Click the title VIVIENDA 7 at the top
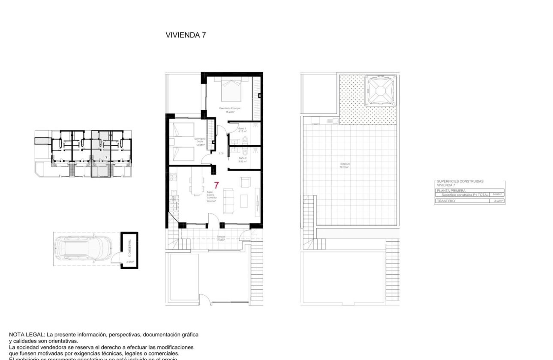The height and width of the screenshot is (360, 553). [186, 36]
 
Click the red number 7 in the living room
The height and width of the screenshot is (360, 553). [216, 186]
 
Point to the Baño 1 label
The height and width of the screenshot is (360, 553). [242, 130]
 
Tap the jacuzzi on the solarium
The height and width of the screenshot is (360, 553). [379, 91]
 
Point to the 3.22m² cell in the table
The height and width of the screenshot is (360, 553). [498, 201]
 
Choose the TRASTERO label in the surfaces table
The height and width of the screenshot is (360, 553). [446, 201]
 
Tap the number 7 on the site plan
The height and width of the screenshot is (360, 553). [105, 158]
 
